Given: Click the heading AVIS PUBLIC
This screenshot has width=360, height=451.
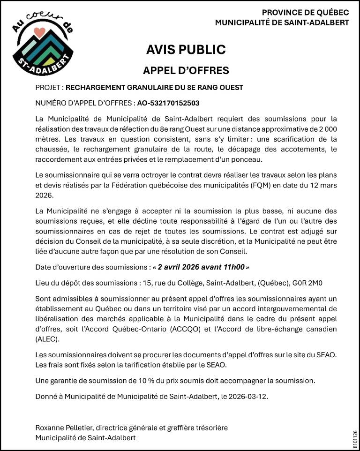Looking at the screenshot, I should click(x=186, y=50).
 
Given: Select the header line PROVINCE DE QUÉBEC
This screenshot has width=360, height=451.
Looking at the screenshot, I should click(x=305, y=13).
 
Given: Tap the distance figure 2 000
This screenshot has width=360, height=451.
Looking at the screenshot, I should click(x=327, y=128).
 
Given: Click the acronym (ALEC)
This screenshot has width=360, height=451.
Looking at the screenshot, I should click(x=47, y=339).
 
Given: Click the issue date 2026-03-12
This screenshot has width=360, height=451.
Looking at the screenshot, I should click(x=251, y=397).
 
